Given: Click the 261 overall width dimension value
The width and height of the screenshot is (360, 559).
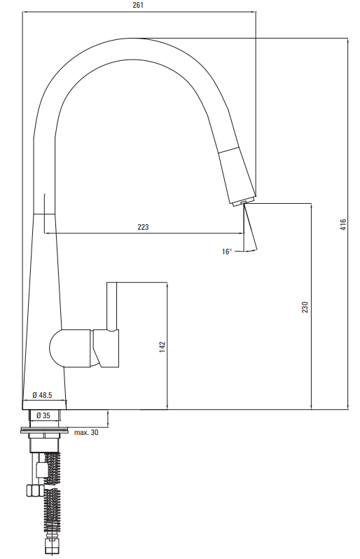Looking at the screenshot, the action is coord(137,5).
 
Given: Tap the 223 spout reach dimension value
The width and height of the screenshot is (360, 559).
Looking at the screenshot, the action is coord(143,227).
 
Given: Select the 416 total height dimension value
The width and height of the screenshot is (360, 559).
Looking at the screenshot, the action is coord(343,224).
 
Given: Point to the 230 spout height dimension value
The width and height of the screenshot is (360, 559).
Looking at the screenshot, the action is coord(305,307).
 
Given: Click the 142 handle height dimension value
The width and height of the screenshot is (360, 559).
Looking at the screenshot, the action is coord(162,347).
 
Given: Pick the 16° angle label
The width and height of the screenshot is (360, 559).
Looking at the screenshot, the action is coord(227,251).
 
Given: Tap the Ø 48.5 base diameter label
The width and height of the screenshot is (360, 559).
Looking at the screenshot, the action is coord(42,395).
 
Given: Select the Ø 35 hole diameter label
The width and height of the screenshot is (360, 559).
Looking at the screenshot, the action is coord(43,415).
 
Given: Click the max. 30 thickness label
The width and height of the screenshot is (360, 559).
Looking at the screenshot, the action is coord(86,432).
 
